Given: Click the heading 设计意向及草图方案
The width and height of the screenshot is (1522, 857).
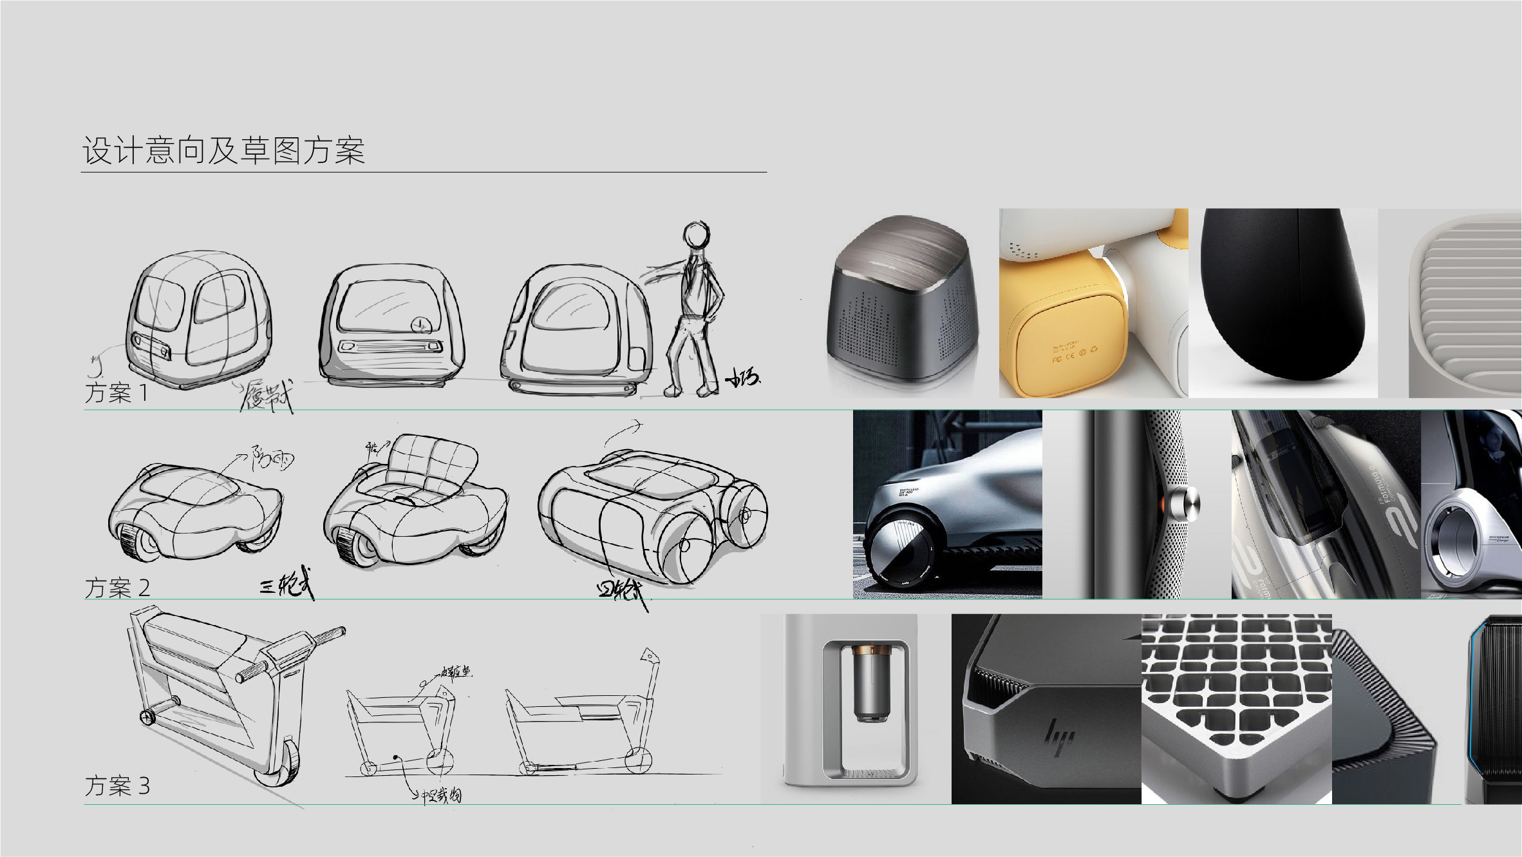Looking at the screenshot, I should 223,151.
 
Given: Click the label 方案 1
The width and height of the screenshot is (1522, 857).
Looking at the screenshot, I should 117,392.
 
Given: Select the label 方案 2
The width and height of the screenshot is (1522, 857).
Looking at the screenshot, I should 117,588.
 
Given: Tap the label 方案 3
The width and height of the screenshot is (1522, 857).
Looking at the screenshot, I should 117,785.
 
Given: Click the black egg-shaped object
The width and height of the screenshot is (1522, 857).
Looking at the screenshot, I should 1281,296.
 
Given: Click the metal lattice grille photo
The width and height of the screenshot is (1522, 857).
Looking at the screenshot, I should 1236,702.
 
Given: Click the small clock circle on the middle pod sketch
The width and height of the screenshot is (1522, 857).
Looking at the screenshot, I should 420,325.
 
